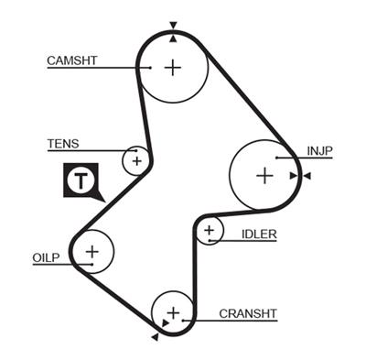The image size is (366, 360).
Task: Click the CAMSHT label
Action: click(71, 61)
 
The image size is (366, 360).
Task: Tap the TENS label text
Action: click(63, 144)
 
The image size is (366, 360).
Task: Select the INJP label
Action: click(321, 151)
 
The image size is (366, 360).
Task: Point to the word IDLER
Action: click(259, 235)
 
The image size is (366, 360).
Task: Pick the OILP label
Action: click(44, 258)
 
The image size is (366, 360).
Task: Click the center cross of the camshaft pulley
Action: click(174, 67)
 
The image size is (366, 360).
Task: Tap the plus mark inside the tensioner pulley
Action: click(136, 161)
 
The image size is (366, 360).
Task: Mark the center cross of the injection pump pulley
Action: click(264, 174)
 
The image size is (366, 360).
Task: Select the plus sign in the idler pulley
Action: click(210, 230)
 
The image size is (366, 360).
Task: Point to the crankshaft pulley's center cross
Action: click(173, 311)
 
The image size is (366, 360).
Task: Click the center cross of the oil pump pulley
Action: click(91, 250)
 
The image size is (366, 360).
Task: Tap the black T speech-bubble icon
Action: click(81, 181)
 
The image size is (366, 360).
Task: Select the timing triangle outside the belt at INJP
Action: click(307, 175)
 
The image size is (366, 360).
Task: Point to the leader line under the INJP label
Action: click(316, 159)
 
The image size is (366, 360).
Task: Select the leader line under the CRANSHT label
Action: click(229, 321)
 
